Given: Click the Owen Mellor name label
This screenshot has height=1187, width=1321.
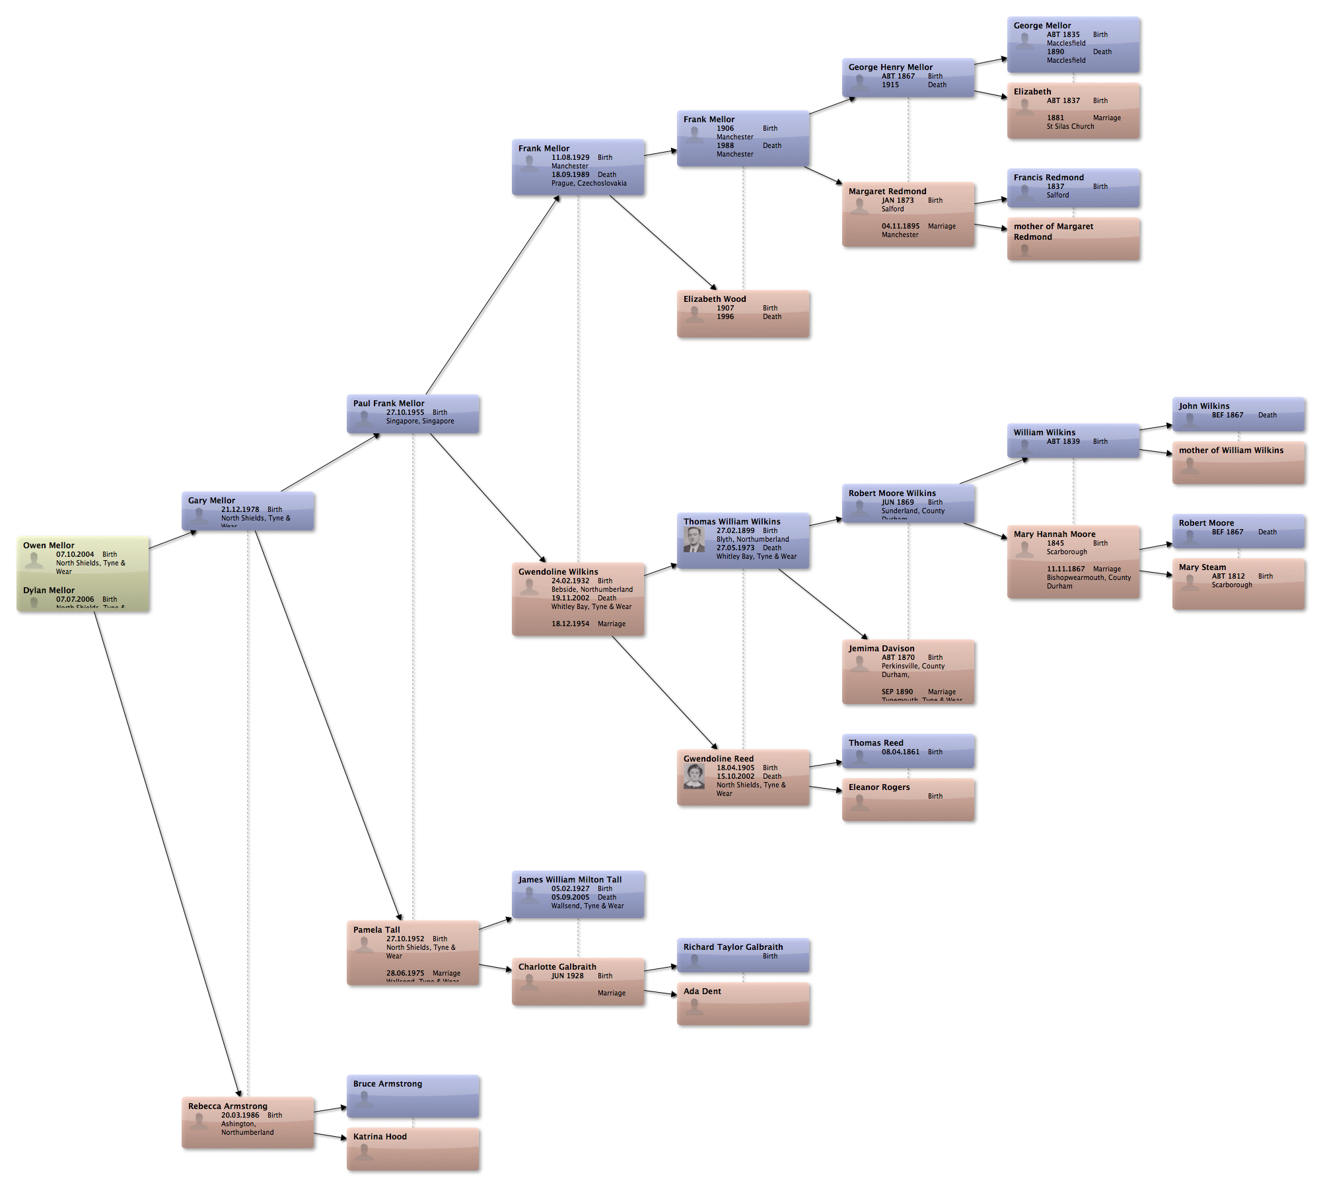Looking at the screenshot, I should [x=49, y=545].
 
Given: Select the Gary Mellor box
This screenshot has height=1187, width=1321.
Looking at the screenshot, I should [x=249, y=511].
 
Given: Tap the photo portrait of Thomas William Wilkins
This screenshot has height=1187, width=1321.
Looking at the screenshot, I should [x=694, y=540].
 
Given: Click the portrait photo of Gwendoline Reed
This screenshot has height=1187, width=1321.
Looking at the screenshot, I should [x=694, y=776].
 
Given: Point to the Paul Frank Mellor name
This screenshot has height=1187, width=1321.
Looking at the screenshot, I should [x=388, y=403].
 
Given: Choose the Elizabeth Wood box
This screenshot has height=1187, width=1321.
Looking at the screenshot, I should [x=744, y=314].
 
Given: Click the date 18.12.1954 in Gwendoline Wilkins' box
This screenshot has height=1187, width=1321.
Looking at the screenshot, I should [x=570, y=624].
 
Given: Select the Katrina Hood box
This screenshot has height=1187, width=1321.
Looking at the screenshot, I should [x=414, y=1149].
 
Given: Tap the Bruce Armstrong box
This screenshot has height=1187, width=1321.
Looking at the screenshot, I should [x=414, y=1097].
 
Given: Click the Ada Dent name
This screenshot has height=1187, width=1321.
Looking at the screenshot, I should [x=702, y=991].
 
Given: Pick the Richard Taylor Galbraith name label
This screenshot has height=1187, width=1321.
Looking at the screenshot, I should [x=733, y=947].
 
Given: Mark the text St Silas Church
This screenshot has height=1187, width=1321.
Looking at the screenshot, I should [x=1070, y=126].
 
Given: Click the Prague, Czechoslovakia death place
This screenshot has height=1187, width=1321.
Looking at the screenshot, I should [x=589, y=183].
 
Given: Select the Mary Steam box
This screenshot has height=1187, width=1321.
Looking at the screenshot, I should [x=1239, y=585].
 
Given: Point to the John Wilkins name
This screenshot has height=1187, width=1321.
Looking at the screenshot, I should [x=1204, y=406].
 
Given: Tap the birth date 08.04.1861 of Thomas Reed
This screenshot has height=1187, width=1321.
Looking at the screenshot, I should [x=900, y=752].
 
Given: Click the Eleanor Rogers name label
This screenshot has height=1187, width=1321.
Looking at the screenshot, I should [x=879, y=787].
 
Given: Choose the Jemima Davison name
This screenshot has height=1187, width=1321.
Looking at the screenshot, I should [x=881, y=648].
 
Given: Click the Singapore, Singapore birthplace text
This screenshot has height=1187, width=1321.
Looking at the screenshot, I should [x=420, y=421].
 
